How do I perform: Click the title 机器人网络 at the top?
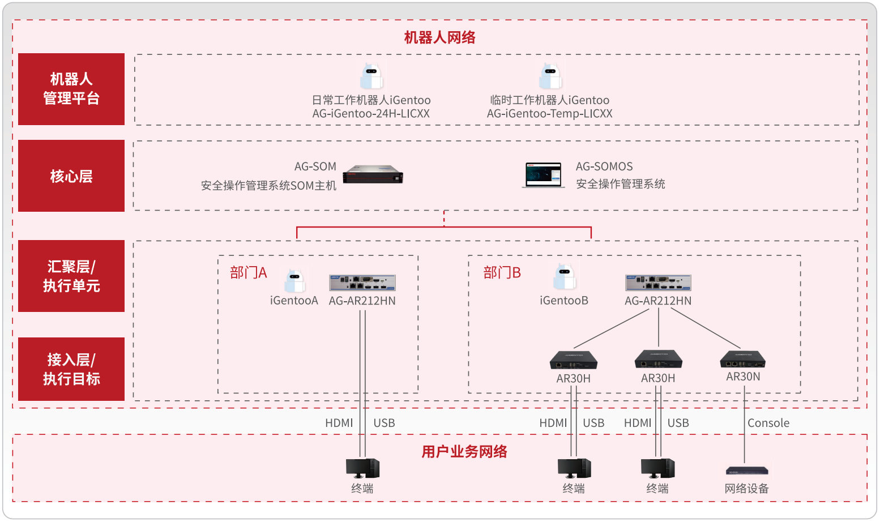pos(439,37)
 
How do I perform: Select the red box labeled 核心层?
pos(71,176)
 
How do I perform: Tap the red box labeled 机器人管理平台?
pos(71,89)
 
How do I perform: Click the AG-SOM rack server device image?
pos(373,174)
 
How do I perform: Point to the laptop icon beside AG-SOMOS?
pos(543,175)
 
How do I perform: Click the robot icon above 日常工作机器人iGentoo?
pos(371,76)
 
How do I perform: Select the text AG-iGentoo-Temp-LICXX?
pos(549,114)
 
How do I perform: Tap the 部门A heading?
pos(248,273)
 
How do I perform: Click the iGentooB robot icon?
pos(564,277)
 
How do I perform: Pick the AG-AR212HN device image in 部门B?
pos(658,283)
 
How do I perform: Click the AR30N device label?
pos(743,377)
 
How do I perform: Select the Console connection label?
pos(768,423)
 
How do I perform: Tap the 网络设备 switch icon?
pos(747,470)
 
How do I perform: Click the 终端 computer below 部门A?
pos(362,468)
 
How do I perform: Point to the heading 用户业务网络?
pos(464,452)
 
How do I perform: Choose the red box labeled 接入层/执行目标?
pos(71,369)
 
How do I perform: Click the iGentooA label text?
pos(294,301)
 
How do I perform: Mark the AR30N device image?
pos(742,360)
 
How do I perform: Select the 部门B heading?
pos(502,273)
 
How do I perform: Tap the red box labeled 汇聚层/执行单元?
pos(71,276)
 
